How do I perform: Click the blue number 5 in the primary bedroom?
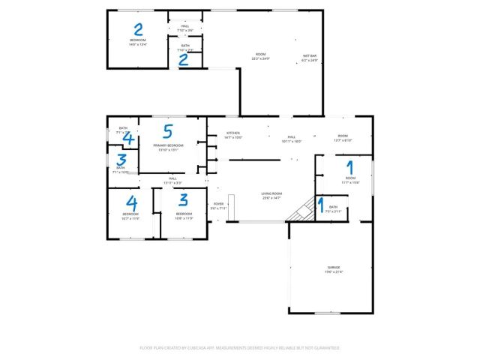pyautogui.click(x=168, y=132)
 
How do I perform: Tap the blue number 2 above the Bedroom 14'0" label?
pyautogui.click(x=139, y=30)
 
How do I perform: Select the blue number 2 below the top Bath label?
pyautogui.click(x=183, y=60)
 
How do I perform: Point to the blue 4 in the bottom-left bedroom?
pyautogui.click(x=132, y=203)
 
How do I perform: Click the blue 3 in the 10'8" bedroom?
pyautogui.click(x=183, y=199)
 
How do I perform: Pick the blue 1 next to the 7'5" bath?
pyautogui.click(x=321, y=203)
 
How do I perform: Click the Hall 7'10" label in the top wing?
pyautogui.click(x=184, y=28)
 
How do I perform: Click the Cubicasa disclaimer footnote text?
pyautogui.click(x=240, y=348)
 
